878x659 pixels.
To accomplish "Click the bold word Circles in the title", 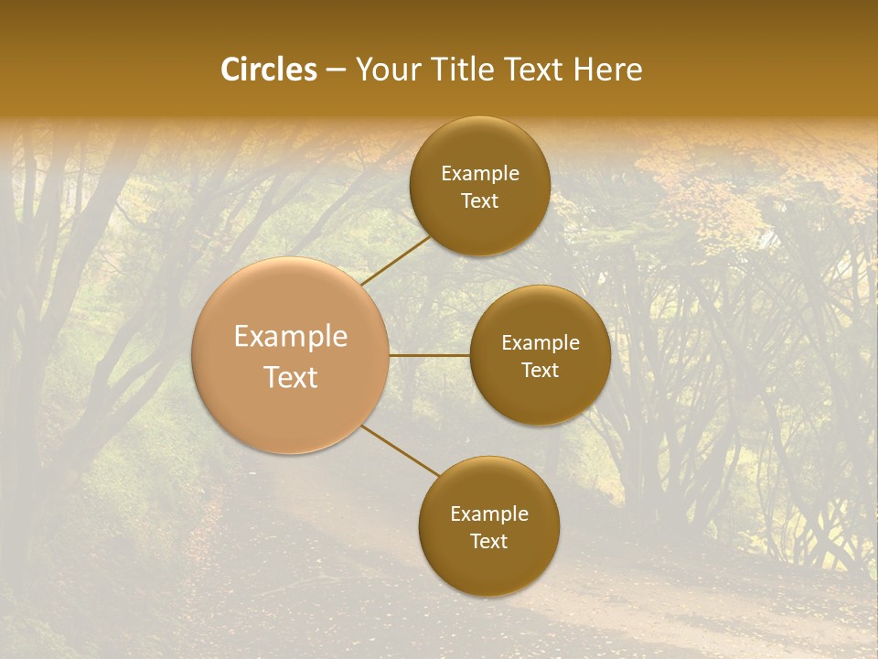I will coord(269,70).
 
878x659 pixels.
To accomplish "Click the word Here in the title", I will coord(608,70).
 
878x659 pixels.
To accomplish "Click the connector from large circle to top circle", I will coord(396,260).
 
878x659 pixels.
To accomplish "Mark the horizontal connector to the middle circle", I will coord(429,355).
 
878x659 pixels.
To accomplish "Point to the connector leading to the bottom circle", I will coord(401,450).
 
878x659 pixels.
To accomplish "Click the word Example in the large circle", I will coord(291,337).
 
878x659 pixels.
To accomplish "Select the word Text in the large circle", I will coord(291,377).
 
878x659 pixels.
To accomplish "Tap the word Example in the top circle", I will coord(480,174).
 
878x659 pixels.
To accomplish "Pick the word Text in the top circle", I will coord(479,201).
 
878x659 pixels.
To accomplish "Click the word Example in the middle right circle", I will coord(541,343).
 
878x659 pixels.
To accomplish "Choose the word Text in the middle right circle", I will coord(541,371).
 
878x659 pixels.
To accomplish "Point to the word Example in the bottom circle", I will coord(489,514).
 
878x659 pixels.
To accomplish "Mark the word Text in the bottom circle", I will coord(488,542).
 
